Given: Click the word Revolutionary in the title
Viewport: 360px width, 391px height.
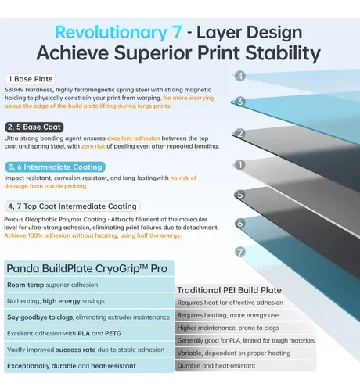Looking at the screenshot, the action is (x=111, y=33).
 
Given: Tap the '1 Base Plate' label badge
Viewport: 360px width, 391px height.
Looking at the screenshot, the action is (x=31, y=79).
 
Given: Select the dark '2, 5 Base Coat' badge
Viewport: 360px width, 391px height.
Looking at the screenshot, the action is (x=34, y=127).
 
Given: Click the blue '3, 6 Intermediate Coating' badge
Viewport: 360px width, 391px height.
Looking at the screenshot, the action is (x=55, y=167).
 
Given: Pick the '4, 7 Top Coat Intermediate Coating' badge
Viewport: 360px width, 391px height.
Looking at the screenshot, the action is (x=73, y=206).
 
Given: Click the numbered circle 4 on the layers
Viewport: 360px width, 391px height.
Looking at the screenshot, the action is (x=240, y=76).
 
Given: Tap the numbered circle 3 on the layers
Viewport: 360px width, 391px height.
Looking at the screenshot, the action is (x=240, y=102).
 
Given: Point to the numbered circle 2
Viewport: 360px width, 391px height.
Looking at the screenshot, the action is (x=240, y=134).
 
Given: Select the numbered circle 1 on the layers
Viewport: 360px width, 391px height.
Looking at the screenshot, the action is (x=240, y=165).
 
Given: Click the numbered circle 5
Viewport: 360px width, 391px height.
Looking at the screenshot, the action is (x=240, y=195).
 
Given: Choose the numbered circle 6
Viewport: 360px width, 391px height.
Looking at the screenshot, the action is (x=240, y=224).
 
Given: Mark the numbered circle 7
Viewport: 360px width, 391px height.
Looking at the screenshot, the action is (x=240, y=252).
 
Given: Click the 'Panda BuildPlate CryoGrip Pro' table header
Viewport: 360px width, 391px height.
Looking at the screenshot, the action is (x=89, y=268).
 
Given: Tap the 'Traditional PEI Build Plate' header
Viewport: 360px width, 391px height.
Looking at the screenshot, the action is (x=229, y=290).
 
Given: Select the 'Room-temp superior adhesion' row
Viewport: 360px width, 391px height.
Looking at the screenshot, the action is (x=89, y=285).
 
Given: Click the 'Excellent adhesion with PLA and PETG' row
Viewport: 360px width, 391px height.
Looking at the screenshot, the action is (x=89, y=333).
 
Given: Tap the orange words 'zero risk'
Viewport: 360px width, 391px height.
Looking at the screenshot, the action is (x=93, y=146).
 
